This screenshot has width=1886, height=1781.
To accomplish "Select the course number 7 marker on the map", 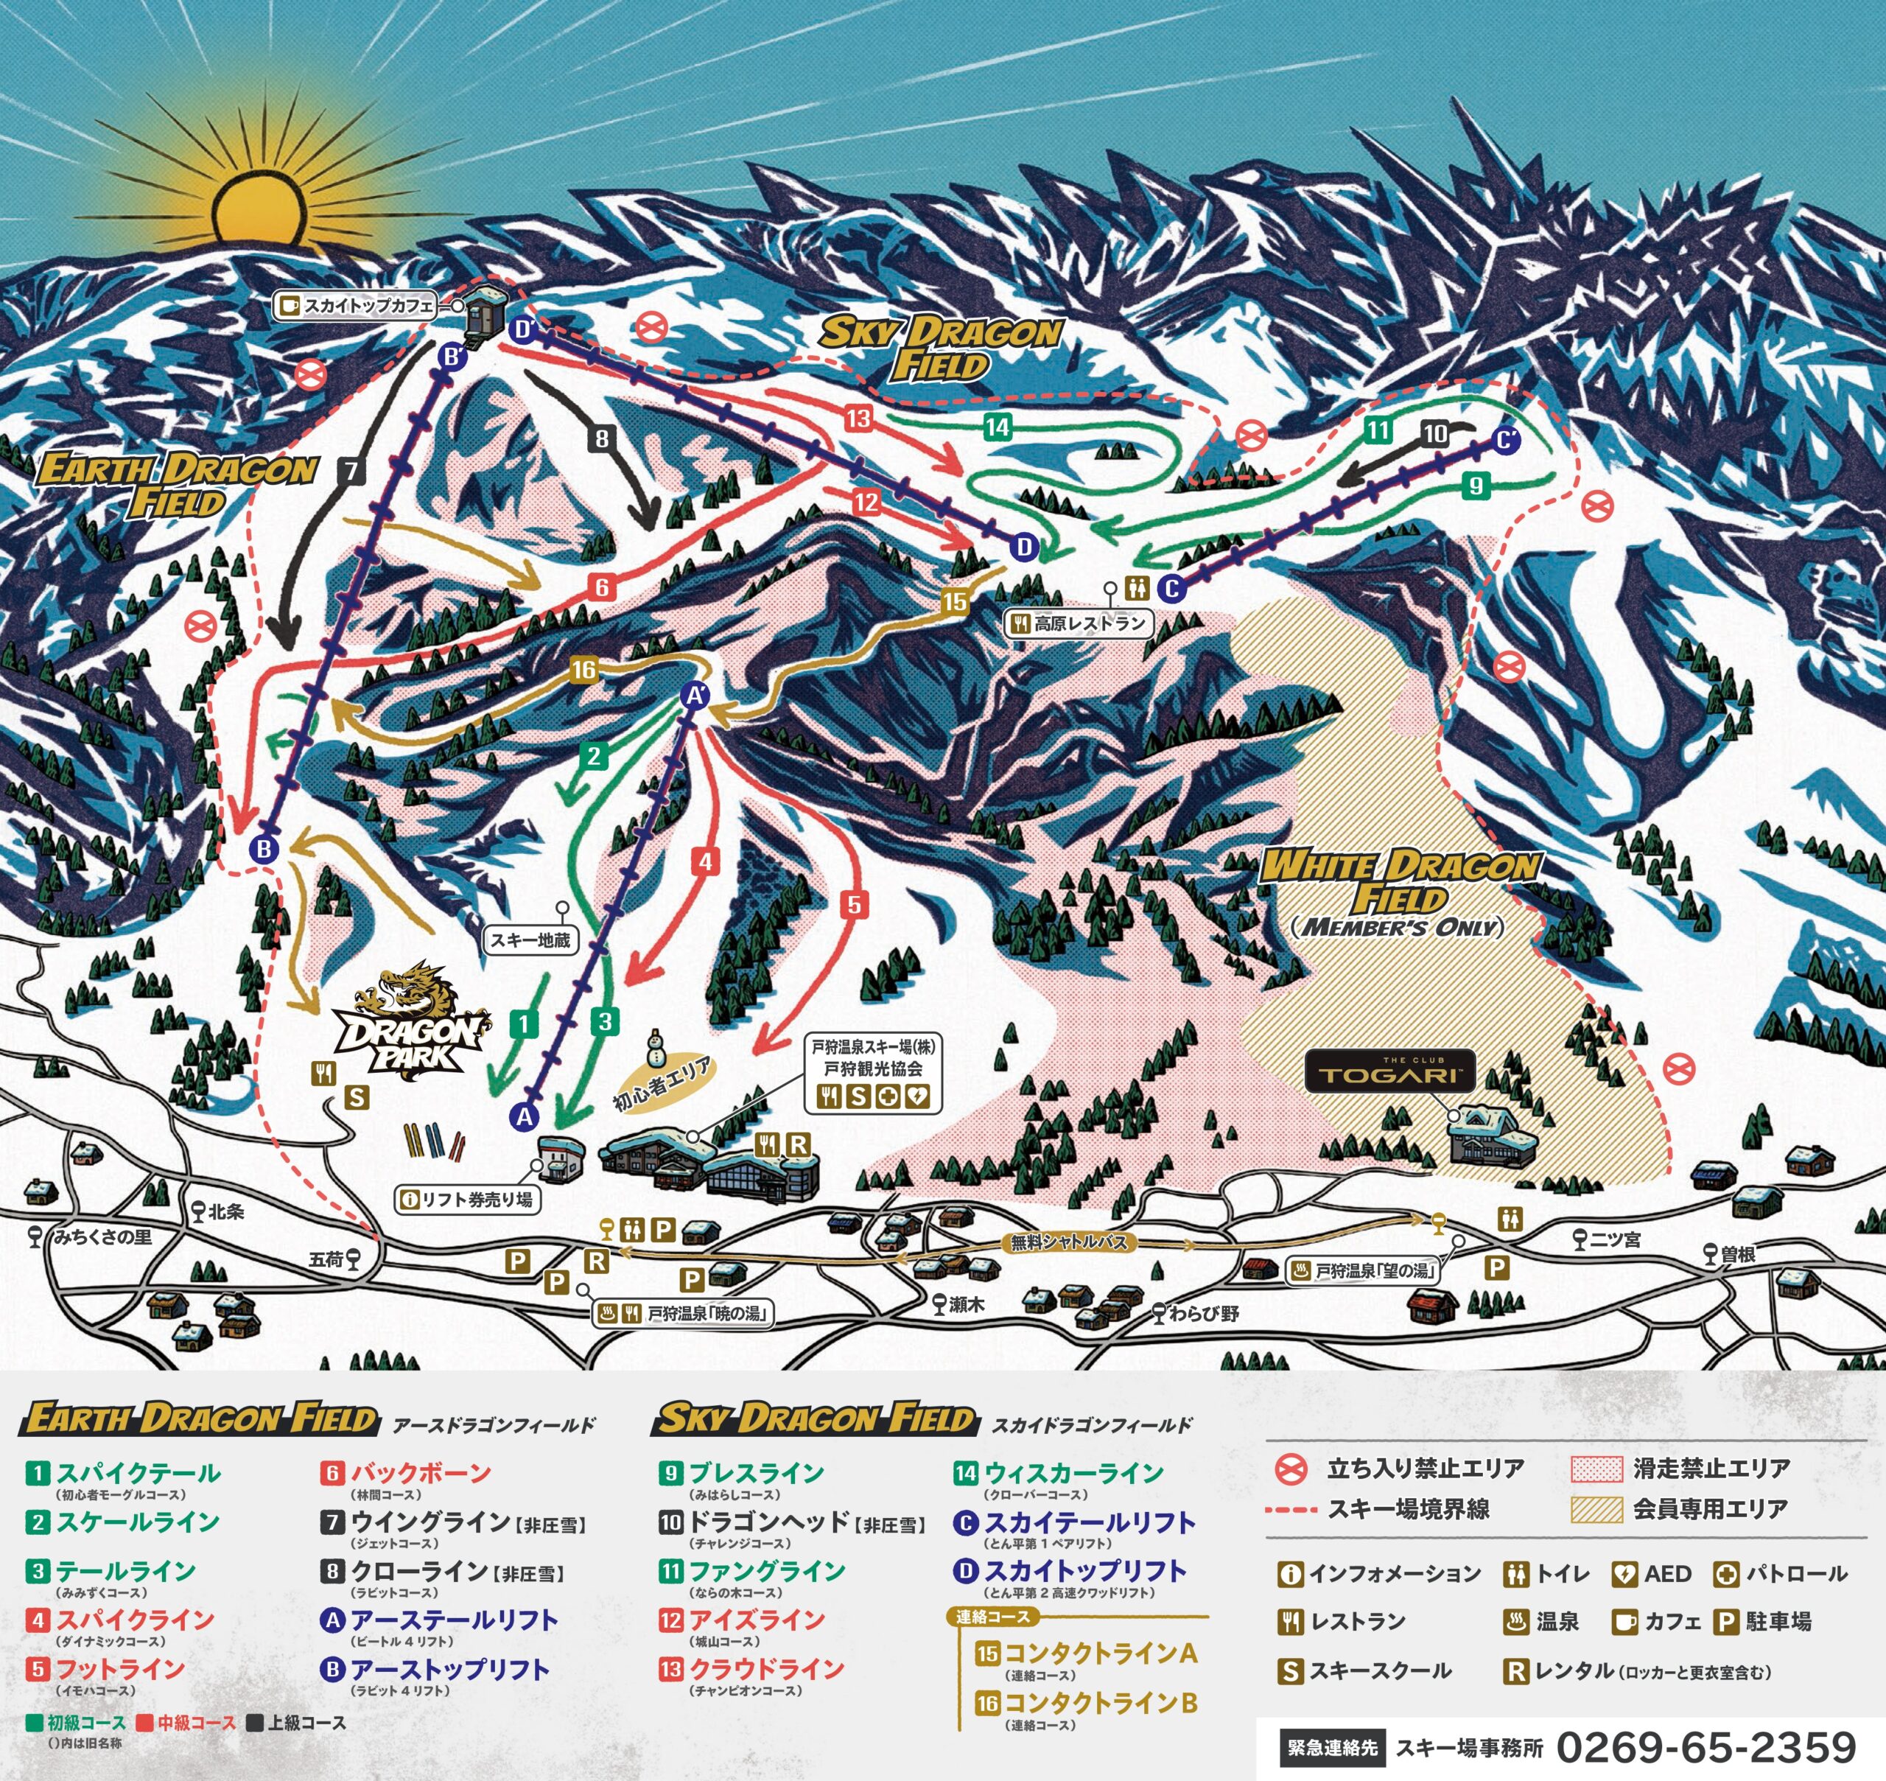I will pyautogui.click(x=351, y=469).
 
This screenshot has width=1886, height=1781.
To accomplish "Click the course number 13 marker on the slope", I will pyautogui.click(x=858, y=418).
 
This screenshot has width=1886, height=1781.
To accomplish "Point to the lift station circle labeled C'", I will pyautogui.click(x=1505, y=441).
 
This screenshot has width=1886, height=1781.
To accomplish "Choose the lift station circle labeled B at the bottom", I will pyautogui.click(x=264, y=848).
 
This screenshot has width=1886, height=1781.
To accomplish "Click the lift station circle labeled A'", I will pyautogui.click(x=695, y=695).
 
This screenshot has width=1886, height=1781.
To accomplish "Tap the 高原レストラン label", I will pyautogui.click(x=1079, y=623).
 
